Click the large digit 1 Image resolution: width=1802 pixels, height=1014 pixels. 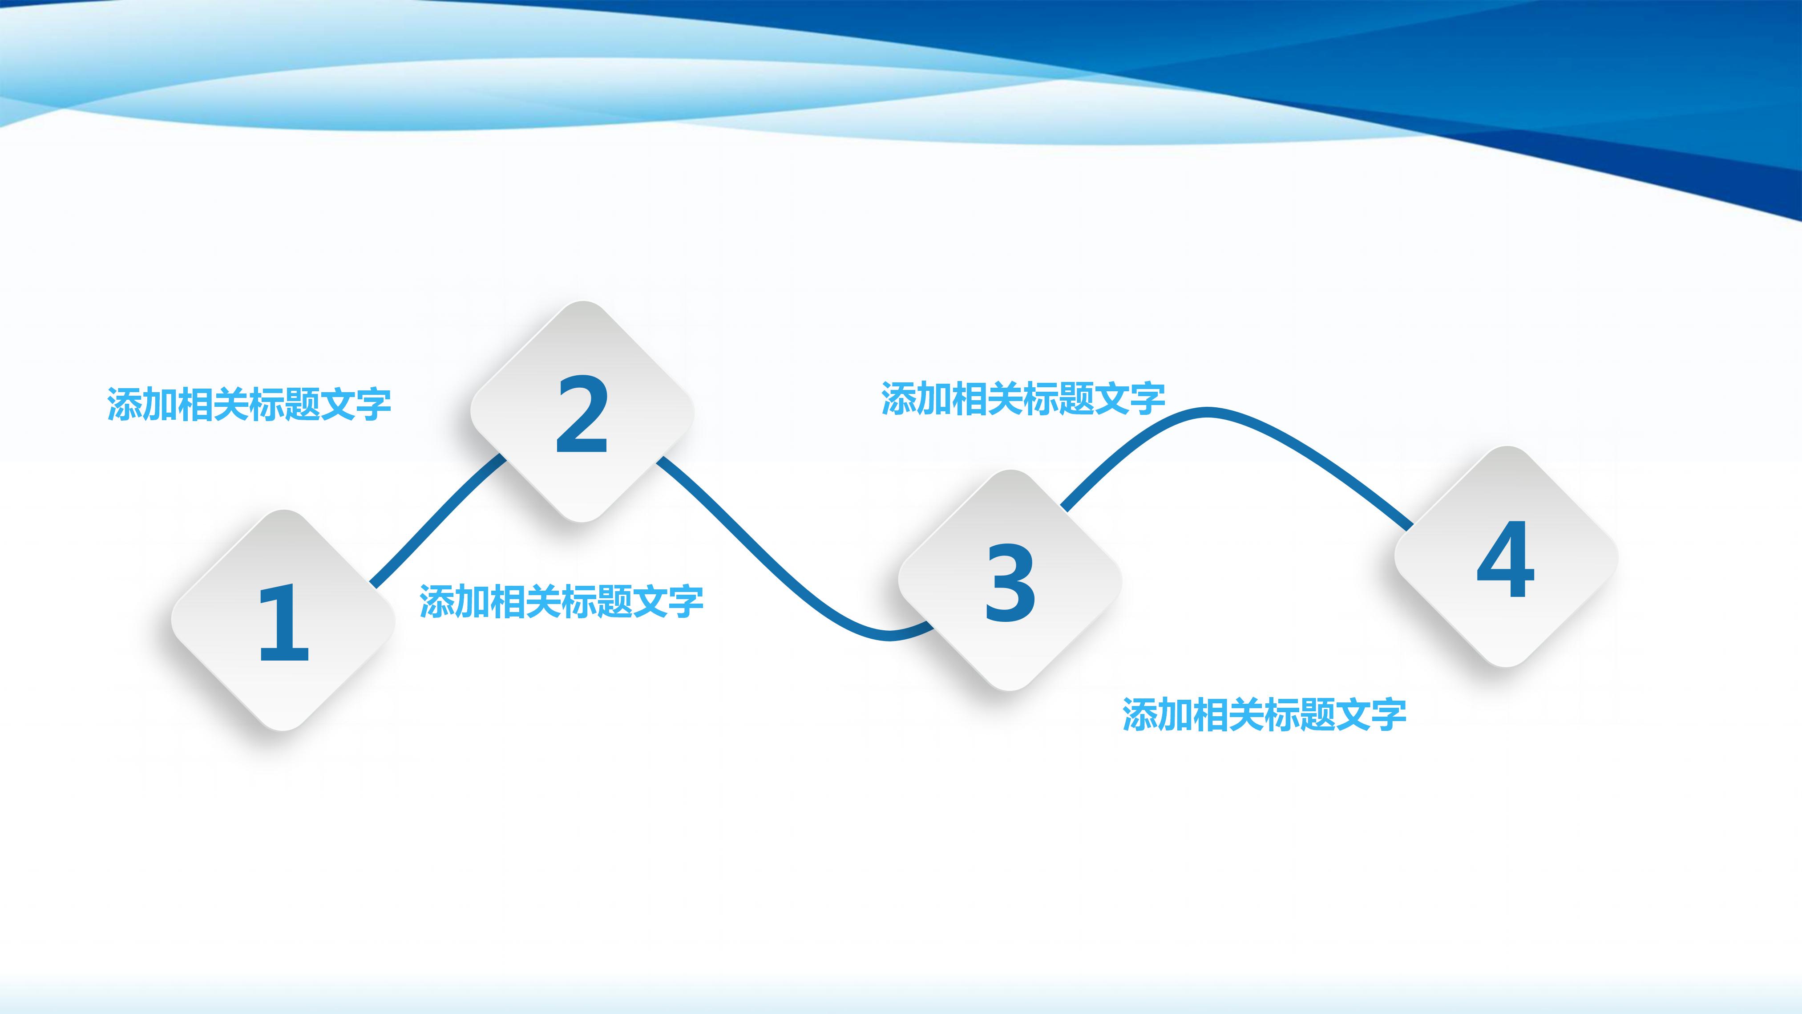tap(283, 623)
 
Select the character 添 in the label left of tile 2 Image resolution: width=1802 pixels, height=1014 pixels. tap(125, 405)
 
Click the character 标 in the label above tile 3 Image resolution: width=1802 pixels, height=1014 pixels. tap(1041, 399)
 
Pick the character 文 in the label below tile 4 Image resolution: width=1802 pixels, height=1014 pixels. tap(1353, 715)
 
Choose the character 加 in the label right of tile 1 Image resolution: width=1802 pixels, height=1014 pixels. tap(472, 602)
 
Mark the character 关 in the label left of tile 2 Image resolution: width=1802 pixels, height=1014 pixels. tap(231, 405)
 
